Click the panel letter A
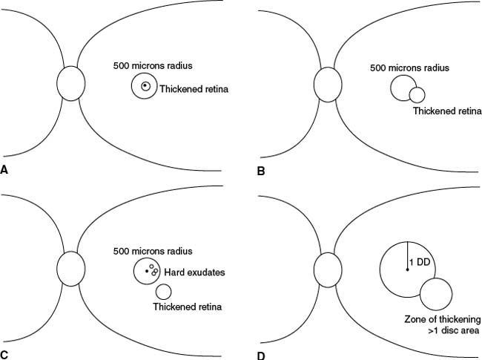4,170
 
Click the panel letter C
4,354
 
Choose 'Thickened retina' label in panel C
188,306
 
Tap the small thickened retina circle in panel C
163,292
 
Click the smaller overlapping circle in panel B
417,94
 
